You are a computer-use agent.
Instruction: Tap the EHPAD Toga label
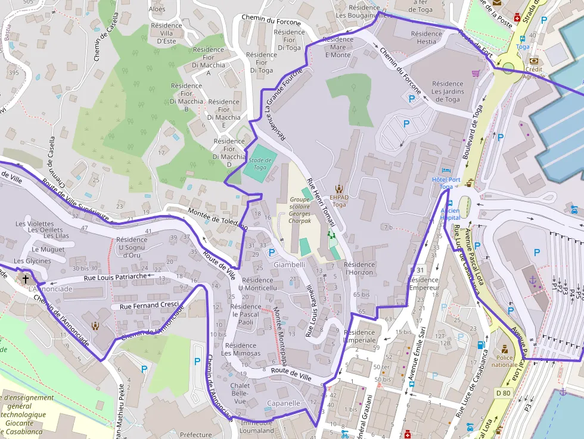[338, 200]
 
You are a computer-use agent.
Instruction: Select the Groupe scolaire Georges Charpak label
[300, 210]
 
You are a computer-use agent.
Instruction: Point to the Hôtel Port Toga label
[446, 183]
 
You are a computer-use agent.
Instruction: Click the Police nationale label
[504, 360]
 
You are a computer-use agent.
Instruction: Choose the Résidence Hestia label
[427, 38]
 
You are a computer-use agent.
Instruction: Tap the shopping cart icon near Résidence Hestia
[476, 73]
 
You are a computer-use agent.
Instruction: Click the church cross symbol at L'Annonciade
[25, 278]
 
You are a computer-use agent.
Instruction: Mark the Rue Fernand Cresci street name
[149, 306]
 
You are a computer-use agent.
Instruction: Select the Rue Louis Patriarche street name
[115, 277]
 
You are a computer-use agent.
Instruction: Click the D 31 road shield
[417, 270]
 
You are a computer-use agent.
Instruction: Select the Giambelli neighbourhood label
[289, 264]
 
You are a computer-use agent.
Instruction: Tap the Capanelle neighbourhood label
[283, 403]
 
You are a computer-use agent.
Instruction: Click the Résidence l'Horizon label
[359, 268]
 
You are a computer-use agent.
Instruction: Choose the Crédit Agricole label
[533, 72]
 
